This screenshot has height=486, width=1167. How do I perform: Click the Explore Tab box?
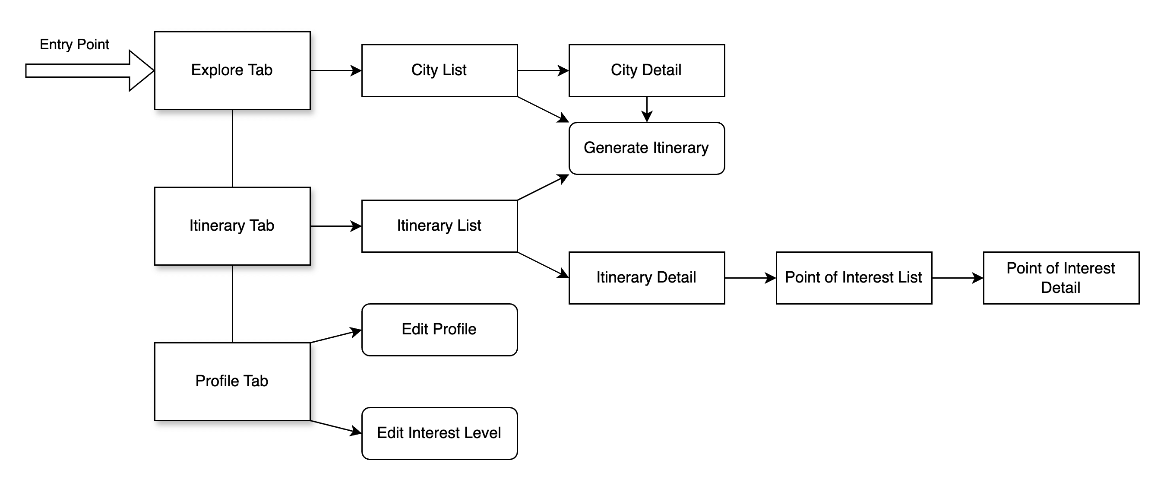(x=232, y=70)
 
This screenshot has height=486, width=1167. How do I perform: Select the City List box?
(x=439, y=70)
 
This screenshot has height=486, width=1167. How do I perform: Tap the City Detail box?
(x=646, y=70)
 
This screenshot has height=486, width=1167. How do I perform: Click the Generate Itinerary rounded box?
(x=646, y=148)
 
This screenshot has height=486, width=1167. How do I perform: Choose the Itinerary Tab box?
(x=232, y=226)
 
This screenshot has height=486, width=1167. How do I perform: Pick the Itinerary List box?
(x=439, y=226)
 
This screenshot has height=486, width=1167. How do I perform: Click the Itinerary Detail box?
(x=646, y=277)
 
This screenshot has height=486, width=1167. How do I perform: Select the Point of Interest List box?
(x=854, y=277)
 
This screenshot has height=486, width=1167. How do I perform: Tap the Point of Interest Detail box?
(x=1060, y=277)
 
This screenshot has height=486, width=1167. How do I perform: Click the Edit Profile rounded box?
(x=439, y=330)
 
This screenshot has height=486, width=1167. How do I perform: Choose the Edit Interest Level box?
(x=439, y=433)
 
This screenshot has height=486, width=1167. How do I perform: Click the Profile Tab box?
(x=232, y=381)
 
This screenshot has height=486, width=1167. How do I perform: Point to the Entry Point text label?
(x=74, y=44)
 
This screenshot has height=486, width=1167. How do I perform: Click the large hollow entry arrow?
(x=86, y=71)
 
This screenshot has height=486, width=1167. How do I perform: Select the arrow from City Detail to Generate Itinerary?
(x=646, y=109)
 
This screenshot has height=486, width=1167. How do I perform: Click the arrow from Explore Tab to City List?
(x=335, y=71)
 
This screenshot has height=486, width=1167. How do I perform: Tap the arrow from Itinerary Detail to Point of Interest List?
(x=750, y=278)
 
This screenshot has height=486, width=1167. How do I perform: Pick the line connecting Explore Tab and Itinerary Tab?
(x=232, y=148)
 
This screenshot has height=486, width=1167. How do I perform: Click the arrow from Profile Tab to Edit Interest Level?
(x=335, y=427)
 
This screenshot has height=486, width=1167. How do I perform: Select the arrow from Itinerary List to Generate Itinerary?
(x=543, y=187)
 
